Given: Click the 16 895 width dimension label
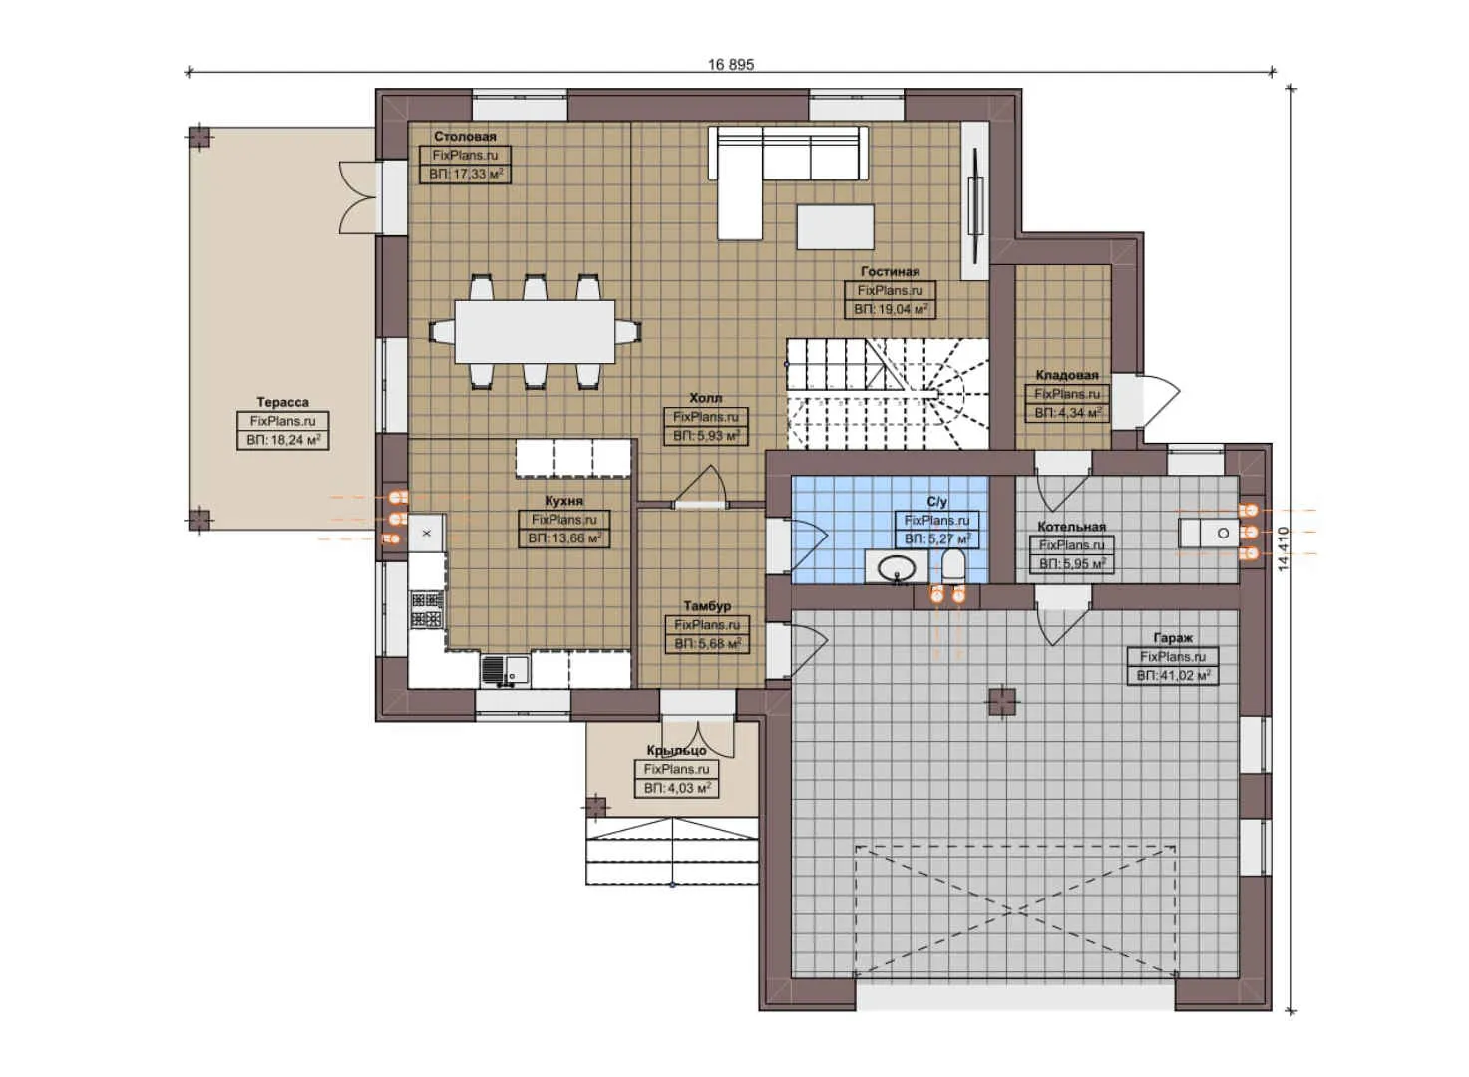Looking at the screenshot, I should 731,65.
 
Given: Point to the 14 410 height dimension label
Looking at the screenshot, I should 1285,548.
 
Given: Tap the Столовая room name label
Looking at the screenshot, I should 465,137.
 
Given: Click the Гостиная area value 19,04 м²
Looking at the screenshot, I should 891,310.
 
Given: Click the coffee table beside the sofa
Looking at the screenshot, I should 835,226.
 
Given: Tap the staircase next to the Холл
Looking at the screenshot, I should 887,392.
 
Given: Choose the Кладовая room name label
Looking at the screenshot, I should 1066,375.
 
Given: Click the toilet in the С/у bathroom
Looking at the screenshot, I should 952,567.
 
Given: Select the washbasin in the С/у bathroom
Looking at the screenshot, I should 897,568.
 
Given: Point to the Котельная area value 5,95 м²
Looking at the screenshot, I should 1072,564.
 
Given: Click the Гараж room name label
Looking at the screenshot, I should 1173,637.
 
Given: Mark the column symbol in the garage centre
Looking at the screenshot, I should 1002,703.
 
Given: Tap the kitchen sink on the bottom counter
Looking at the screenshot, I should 503,669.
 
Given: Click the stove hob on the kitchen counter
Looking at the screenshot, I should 427,609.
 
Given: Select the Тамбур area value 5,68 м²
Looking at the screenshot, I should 707,644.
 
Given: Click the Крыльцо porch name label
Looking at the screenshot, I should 676,750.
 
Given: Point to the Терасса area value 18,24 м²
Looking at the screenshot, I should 283,440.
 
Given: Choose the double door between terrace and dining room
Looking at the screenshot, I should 357,196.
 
